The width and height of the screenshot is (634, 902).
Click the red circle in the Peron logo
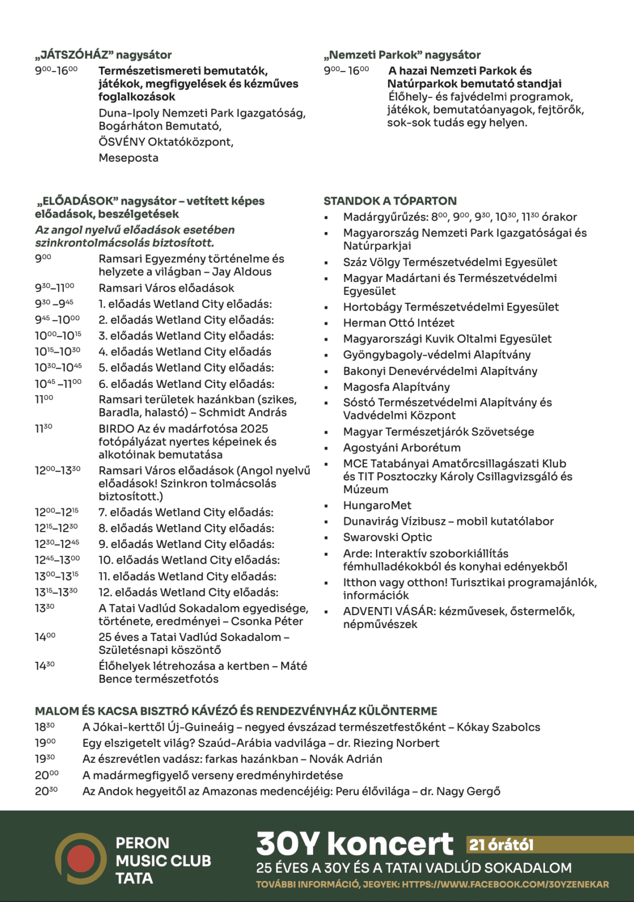[x=81, y=859]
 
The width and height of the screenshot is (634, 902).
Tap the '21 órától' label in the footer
[x=501, y=844]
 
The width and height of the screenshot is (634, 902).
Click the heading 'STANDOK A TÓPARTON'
[x=390, y=201]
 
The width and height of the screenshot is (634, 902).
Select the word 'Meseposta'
[x=128, y=158]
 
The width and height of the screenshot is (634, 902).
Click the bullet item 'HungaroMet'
[x=377, y=505]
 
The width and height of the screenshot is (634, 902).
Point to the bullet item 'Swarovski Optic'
[x=388, y=537]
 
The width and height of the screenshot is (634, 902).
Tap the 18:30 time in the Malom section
[x=45, y=727]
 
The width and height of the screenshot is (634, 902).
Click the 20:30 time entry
[x=46, y=791]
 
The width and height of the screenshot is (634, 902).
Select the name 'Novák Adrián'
[x=345, y=759]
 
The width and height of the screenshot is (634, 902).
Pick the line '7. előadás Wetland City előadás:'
[x=186, y=512]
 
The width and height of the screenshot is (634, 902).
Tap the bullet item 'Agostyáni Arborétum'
[x=402, y=448]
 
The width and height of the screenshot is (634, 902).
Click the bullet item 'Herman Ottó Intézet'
[x=398, y=323]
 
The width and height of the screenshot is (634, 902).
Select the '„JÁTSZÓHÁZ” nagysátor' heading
[x=103, y=55]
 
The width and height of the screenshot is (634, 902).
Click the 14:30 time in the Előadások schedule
[x=45, y=666]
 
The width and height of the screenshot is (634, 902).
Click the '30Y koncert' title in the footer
[x=354, y=844]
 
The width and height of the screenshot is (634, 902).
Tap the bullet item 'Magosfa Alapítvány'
[x=396, y=387]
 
